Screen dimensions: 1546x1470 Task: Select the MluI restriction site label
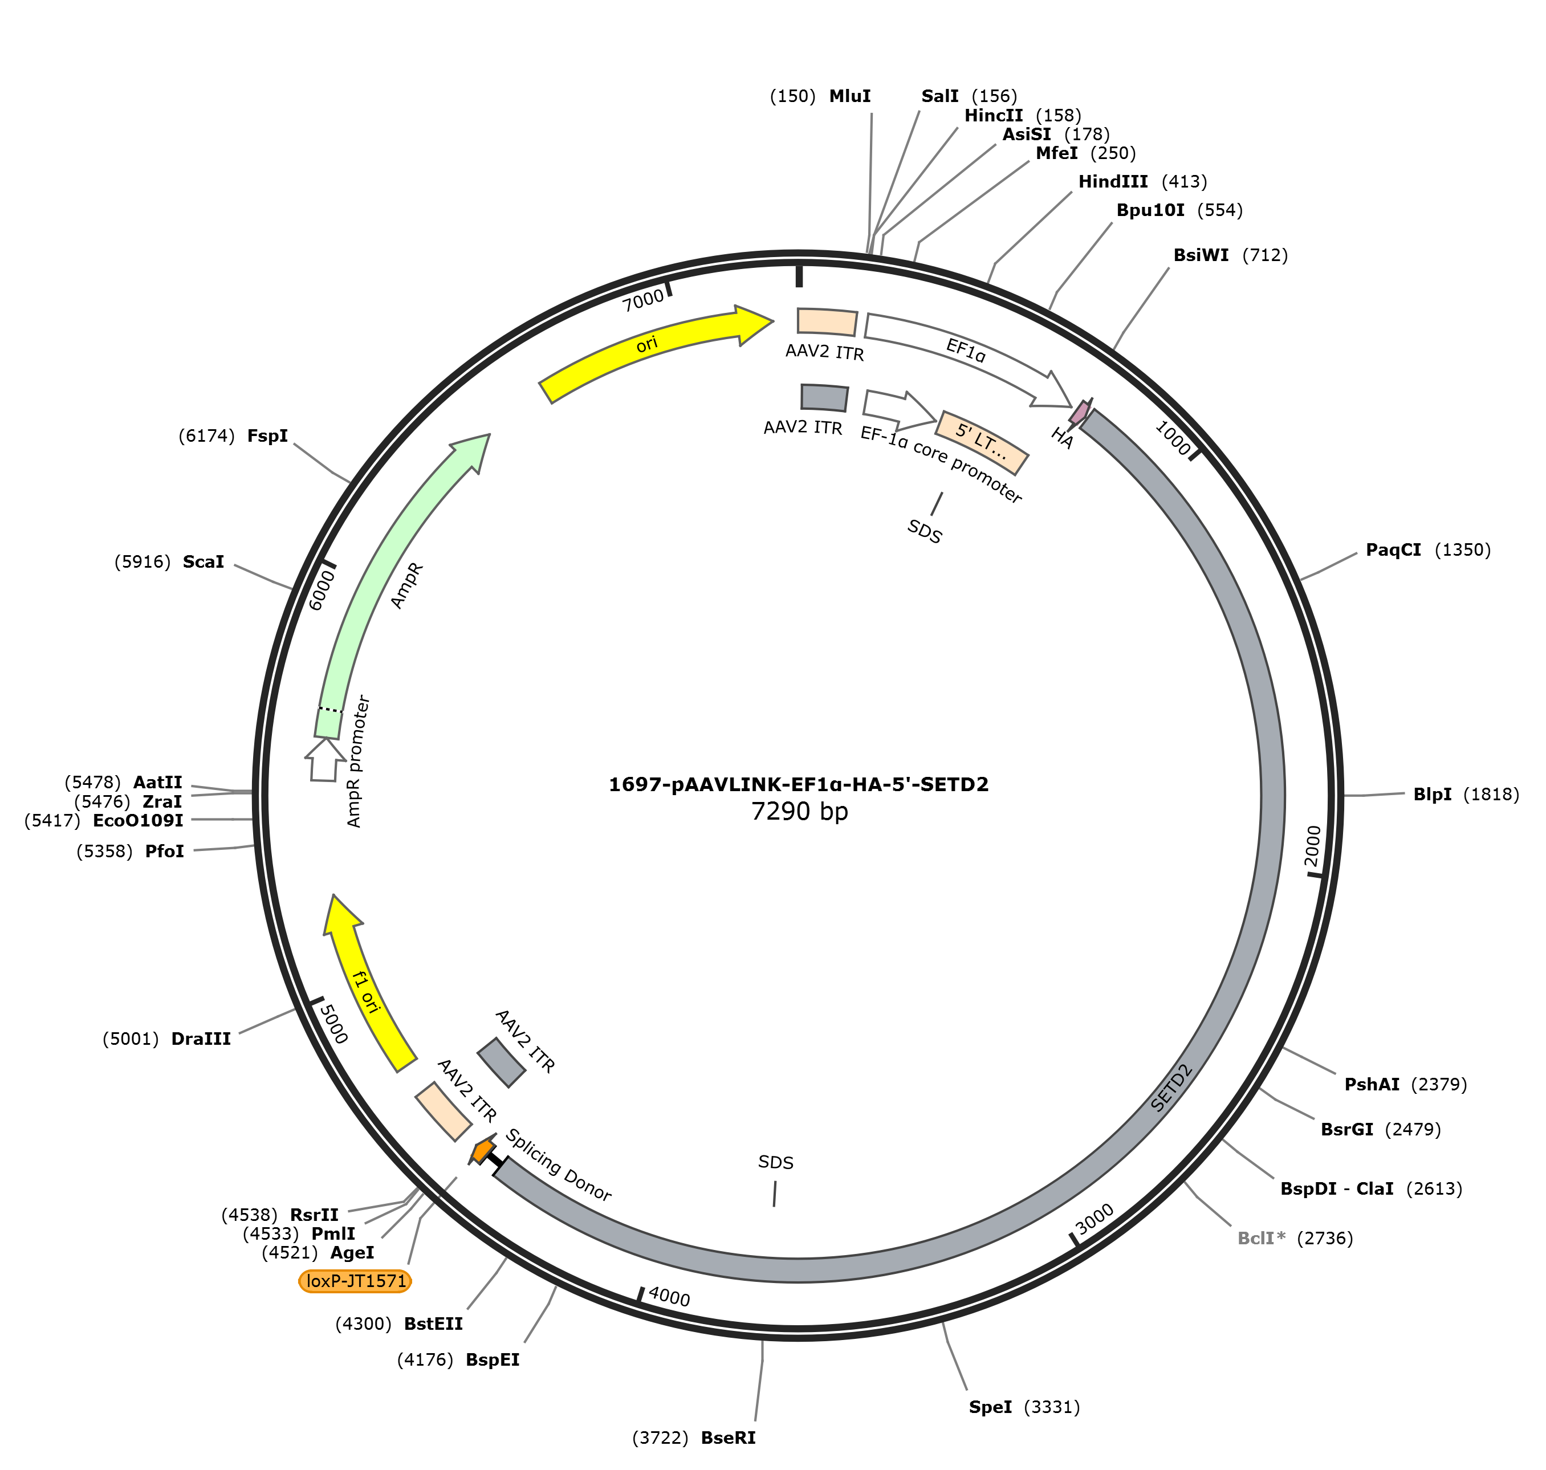point(849,96)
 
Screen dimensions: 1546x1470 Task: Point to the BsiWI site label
point(1201,255)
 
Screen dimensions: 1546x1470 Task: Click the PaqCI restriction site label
point(1393,549)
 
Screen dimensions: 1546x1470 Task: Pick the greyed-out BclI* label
point(1261,1238)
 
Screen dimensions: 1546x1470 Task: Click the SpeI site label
point(990,1407)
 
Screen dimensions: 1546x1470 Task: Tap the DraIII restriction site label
point(201,1039)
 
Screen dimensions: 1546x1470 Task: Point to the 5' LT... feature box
point(982,442)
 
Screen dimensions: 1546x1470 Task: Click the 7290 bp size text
point(799,811)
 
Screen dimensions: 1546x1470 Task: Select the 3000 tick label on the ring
point(1094,1219)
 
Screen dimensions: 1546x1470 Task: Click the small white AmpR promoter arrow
point(324,759)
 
